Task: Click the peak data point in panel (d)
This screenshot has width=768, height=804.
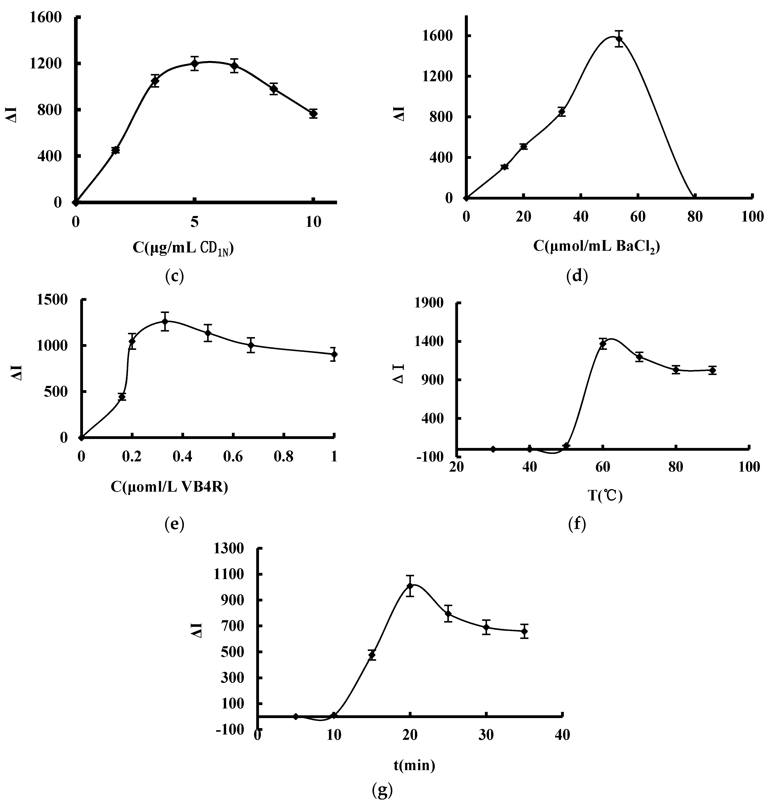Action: point(619,39)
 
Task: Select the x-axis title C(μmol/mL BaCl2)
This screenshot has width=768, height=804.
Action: point(596,246)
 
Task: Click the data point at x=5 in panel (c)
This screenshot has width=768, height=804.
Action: point(195,63)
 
